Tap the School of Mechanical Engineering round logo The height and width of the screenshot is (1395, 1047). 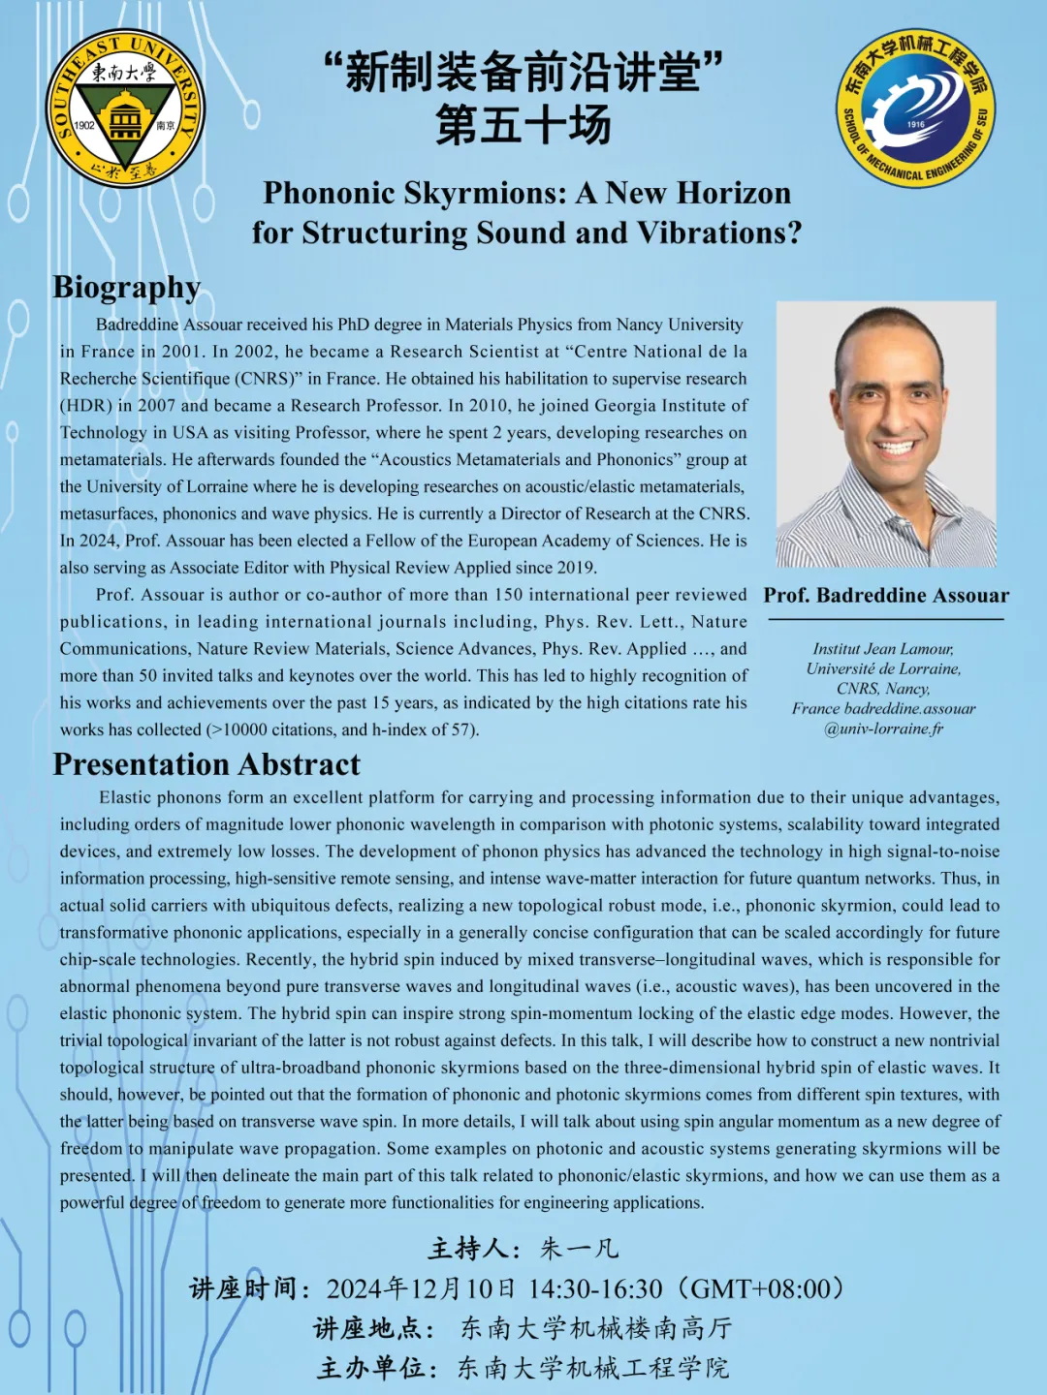[915, 108]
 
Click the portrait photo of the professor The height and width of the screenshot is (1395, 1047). [886, 434]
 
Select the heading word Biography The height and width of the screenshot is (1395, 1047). [127, 288]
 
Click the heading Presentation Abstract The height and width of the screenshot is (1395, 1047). [206, 764]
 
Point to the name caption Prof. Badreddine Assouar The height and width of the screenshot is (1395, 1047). [886, 595]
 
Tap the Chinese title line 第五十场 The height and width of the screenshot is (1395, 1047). [523, 124]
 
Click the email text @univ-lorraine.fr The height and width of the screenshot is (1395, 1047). [883, 728]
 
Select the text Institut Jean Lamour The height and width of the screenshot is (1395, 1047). [883, 649]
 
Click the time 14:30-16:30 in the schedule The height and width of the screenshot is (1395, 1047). [595, 1289]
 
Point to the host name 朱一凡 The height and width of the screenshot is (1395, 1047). [579, 1249]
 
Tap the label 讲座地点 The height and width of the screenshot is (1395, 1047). [372, 1328]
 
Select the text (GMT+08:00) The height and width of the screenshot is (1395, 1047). [761, 1289]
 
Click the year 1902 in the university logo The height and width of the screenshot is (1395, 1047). [84, 125]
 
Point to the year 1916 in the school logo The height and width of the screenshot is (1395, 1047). [915, 124]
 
